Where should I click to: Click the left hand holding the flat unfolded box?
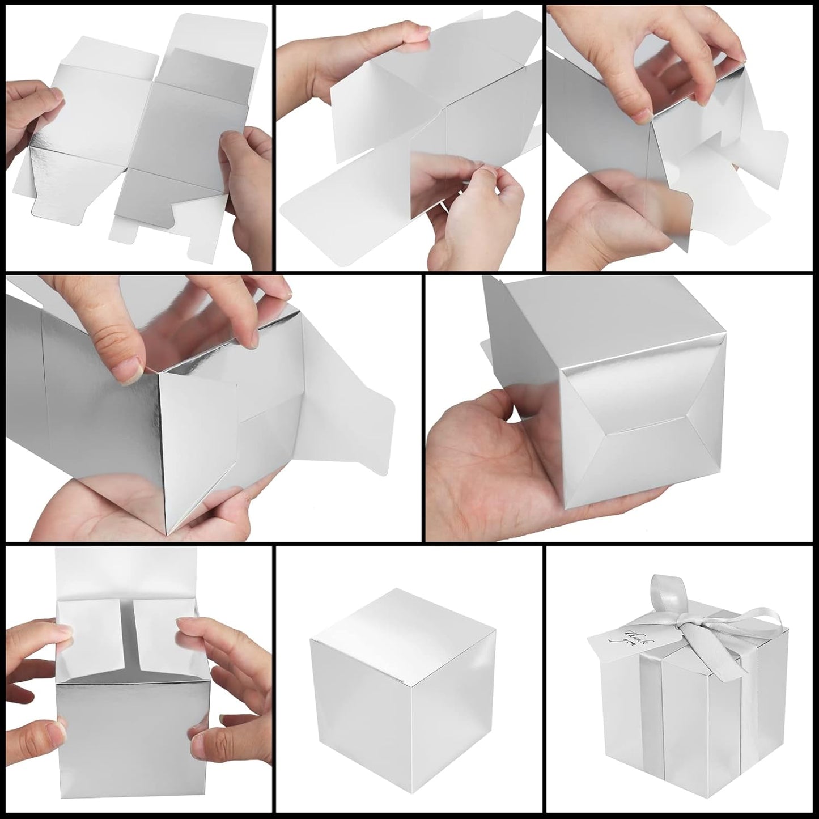(28, 113)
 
